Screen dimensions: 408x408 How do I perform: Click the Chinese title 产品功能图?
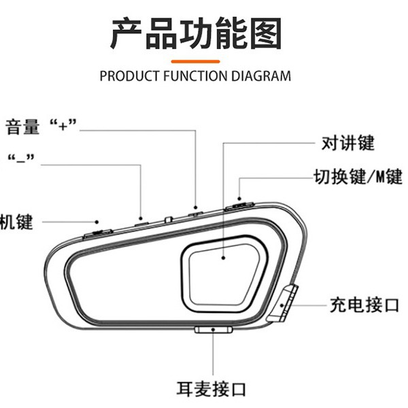coord(195,34)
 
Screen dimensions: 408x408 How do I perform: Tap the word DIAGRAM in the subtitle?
coord(262,75)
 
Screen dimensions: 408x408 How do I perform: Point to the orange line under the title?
coord(195,61)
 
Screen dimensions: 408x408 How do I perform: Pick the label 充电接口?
coord(364,305)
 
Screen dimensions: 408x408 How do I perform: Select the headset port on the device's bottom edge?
coord(213,330)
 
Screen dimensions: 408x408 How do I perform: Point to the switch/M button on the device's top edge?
coord(239,202)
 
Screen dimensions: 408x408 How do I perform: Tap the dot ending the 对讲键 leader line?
coord(223,258)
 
